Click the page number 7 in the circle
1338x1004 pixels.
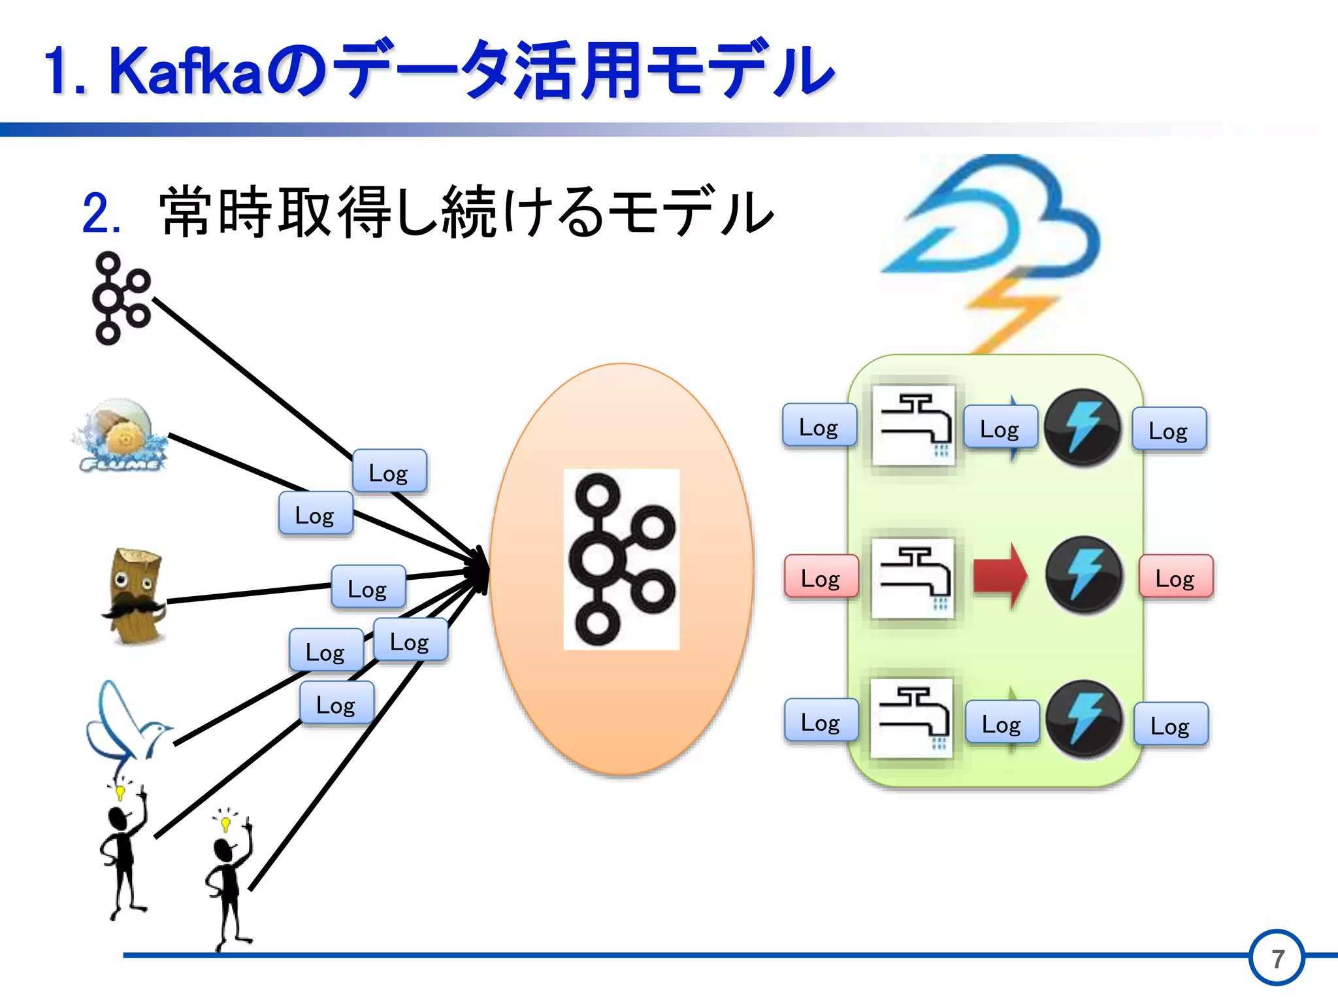[x=1277, y=958]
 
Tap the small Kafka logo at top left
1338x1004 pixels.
[x=122, y=298]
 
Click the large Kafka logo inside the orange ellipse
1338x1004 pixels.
[x=621, y=560]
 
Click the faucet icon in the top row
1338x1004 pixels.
[x=913, y=425]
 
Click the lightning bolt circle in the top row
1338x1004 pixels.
[x=1083, y=427]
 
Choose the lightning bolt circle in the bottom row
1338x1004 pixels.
[x=1084, y=719]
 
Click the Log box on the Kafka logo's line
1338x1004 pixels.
[x=389, y=471]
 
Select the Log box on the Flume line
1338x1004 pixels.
[x=316, y=514]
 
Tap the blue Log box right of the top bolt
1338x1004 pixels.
[x=1169, y=429]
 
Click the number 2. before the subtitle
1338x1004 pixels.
[x=101, y=214]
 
